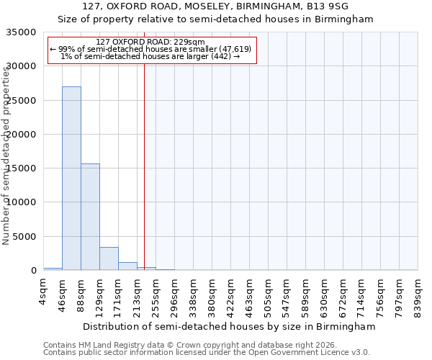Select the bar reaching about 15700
pyautogui.click(x=90, y=217)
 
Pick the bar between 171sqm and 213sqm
pyautogui.click(x=127, y=266)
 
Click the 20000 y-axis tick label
pyautogui.click(x=22, y=135)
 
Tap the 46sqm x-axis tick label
pyautogui.click(x=63, y=294)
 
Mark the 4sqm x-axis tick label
pyautogui.click(x=44, y=292)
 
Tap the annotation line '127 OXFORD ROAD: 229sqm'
pyautogui.click(x=150, y=42)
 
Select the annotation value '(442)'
pyautogui.click(x=220, y=56)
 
